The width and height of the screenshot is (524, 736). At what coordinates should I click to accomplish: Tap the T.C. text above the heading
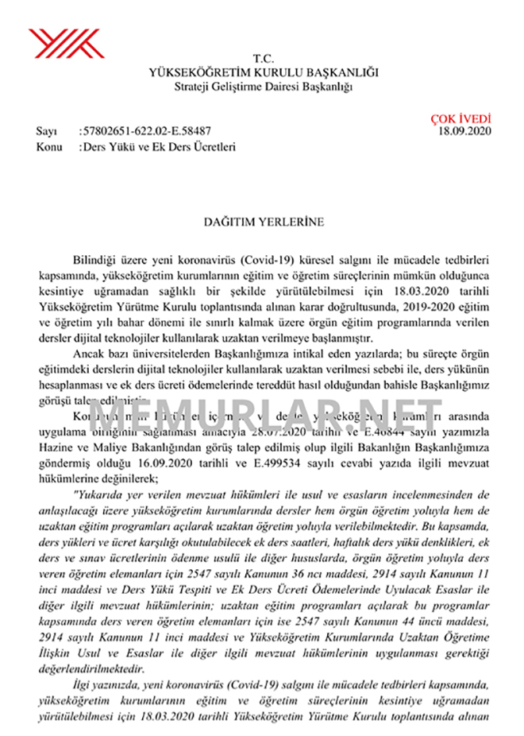tap(263, 60)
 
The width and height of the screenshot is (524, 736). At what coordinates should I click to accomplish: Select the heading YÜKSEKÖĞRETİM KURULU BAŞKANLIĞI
tap(263, 72)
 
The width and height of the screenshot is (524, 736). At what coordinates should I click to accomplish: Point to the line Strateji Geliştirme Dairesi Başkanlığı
tap(263, 85)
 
